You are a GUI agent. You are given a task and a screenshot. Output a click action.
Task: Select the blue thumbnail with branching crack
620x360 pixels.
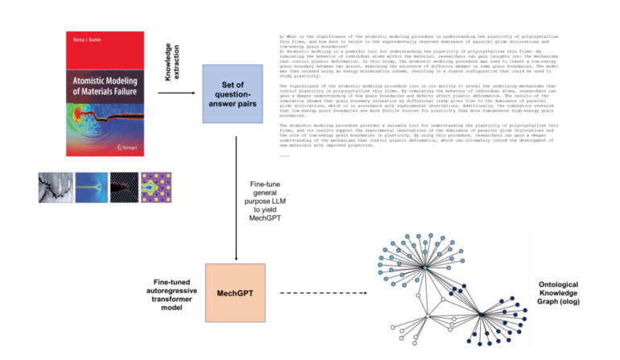[91, 187]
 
